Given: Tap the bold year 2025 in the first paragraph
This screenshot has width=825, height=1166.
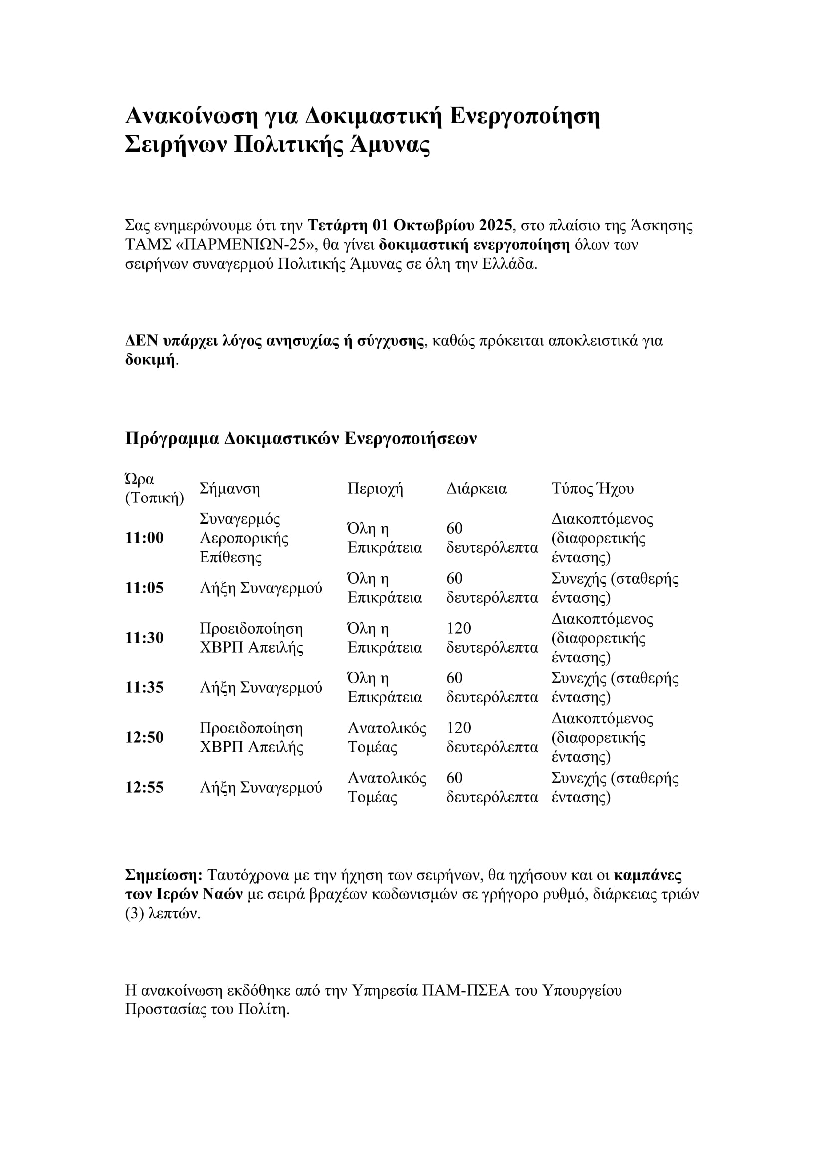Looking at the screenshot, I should click(x=497, y=225).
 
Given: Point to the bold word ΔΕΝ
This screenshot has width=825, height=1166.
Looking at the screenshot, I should click(x=141, y=341).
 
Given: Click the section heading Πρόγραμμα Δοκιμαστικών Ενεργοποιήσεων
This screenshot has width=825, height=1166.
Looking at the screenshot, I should click(x=301, y=438).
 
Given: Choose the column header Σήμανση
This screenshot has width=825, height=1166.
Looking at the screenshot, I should click(x=229, y=489).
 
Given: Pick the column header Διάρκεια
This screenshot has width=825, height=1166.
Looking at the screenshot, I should click(x=476, y=489).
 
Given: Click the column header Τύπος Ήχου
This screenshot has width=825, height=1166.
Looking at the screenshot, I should click(x=593, y=489).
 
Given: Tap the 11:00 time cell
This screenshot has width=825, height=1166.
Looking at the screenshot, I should click(x=144, y=538).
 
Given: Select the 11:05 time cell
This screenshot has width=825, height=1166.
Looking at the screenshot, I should click(x=144, y=588).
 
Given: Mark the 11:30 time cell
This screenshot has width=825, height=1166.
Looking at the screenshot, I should click(x=144, y=638).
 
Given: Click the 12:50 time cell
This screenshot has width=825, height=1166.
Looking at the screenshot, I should click(x=144, y=737).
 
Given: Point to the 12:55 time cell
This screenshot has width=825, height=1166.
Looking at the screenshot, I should click(x=144, y=787).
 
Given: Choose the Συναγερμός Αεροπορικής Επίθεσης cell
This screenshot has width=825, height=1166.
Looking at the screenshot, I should click(x=244, y=538).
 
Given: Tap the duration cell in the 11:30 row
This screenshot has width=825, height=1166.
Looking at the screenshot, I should click(x=492, y=638).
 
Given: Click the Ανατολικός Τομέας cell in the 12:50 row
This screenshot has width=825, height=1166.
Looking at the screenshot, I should click(x=387, y=737).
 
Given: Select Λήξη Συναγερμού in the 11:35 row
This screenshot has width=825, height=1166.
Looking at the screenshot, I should click(x=260, y=687).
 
